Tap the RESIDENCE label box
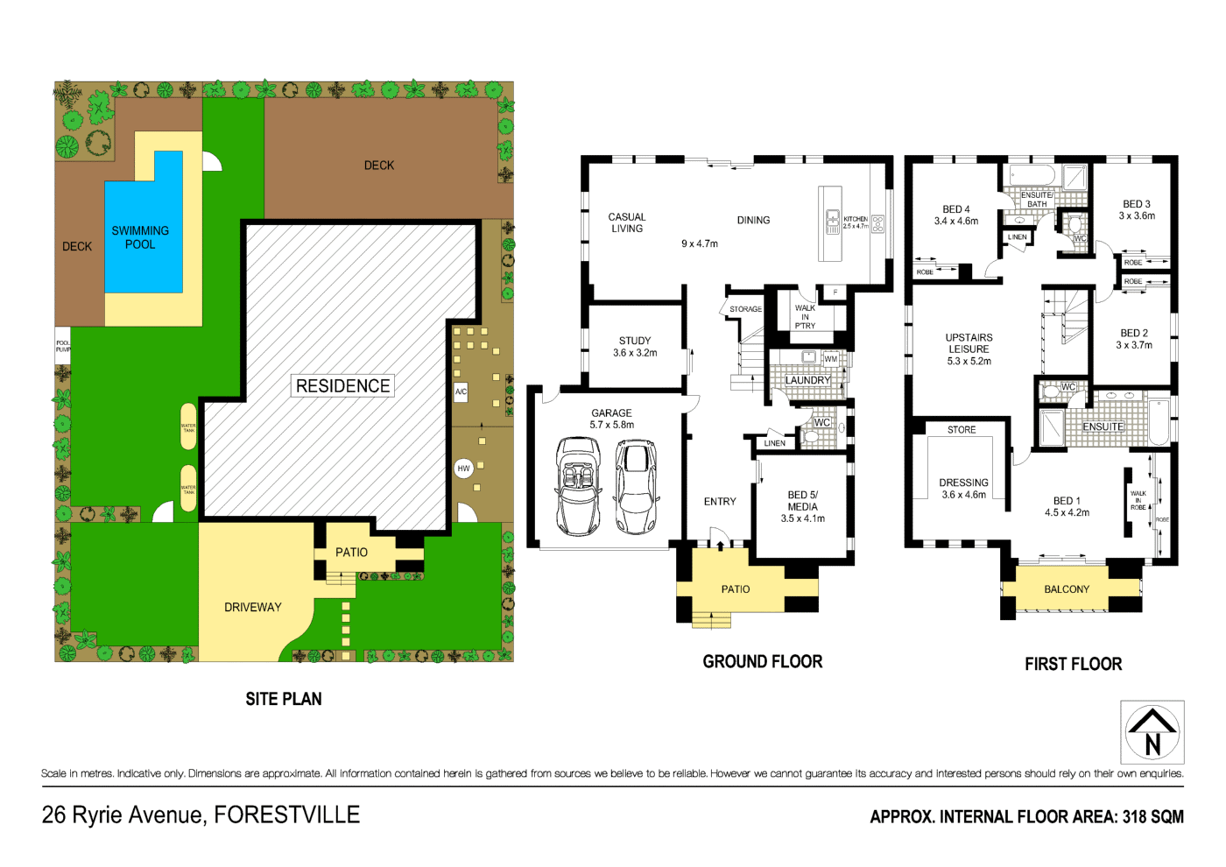pyautogui.click(x=342, y=386)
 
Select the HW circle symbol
pyautogui.click(x=463, y=469)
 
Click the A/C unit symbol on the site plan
pyautogui.click(x=461, y=391)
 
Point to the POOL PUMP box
pyautogui.click(x=63, y=346)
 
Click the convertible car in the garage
pyautogui.click(x=578, y=487)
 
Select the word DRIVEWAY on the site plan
pyautogui.click(x=252, y=607)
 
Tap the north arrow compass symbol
pyautogui.click(x=1152, y=732)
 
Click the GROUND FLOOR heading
pyautogui.click(x=762, y=662)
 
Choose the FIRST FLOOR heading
pyautogui.click(x=1073, y=665)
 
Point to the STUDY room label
pyautogui.click(x=635, y=347)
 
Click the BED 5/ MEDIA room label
pyautogui.click(x=802, y=506)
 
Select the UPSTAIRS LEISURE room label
pyautogui.click(x=969, y=349)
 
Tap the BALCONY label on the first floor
pyautogui.click(x=1067, y=589)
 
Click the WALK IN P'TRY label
pyautogui.click(x=805, y=317)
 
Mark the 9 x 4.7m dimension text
pyautogui.click(x=700, y=243)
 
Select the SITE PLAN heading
pyautogui.click(x=283, y=699)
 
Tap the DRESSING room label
pyautogui.click(x=963, y=489)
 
